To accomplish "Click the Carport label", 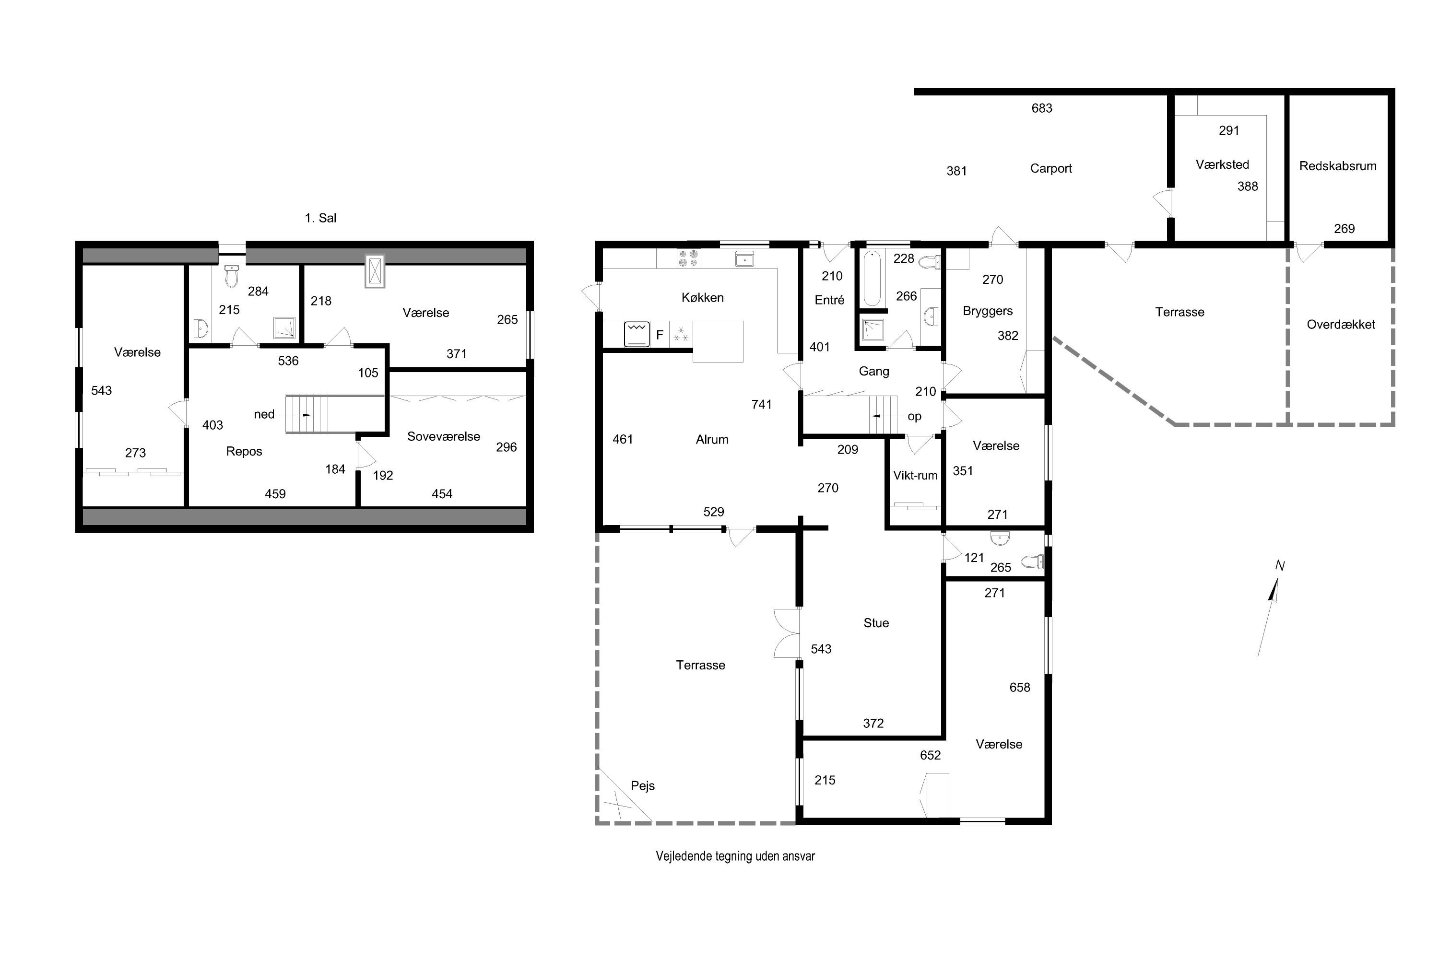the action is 1050,168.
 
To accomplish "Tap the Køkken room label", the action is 702,297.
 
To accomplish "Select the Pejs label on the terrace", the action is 642,785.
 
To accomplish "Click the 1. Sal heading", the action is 320,218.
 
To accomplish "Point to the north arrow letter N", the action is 1279,566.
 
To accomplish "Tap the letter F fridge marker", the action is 660,335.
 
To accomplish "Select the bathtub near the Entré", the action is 872,278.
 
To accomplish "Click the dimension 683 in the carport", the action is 1042,108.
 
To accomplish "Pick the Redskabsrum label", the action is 1338,166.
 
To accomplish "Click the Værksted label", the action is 1222,164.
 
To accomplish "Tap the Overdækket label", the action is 1341,324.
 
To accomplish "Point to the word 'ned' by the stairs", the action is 264,414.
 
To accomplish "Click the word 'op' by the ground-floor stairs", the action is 914,417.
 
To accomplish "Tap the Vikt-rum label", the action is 915,475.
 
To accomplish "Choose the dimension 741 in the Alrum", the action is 762,404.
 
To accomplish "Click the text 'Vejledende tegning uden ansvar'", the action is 735,856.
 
